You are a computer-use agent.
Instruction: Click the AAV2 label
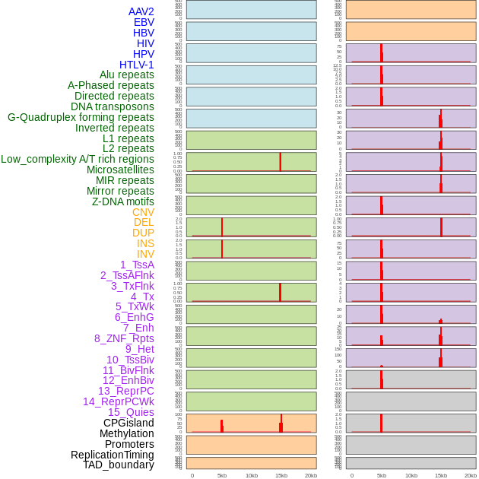141,11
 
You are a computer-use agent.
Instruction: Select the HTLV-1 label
136,65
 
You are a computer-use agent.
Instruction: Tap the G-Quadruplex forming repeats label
81,117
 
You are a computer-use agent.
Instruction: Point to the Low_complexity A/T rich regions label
78,159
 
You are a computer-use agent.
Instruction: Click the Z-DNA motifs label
123,201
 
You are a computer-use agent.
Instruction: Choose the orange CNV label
143,212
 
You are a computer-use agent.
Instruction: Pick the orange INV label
145,254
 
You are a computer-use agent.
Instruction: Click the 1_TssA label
137,265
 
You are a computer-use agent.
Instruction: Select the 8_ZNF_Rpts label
124,338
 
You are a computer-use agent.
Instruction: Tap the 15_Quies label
131,412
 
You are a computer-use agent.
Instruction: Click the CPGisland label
128,423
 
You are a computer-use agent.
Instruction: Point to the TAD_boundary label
119,465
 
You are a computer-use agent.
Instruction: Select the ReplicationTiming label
113,455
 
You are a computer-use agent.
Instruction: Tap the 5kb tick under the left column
222,475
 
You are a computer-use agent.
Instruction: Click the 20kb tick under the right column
471,475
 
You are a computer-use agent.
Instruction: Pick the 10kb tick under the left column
252,475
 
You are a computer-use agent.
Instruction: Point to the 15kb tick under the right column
441,475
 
